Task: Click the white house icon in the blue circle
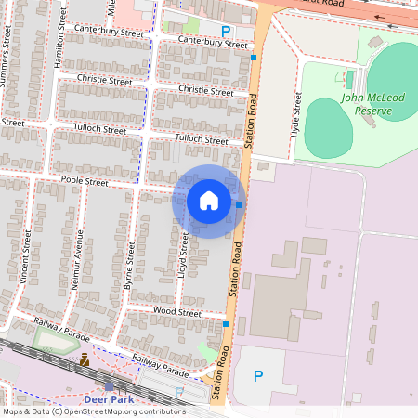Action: point(209,200)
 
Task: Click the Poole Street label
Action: point(85,182)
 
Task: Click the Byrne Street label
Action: point(129,268)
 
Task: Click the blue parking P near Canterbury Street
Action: point(226,31)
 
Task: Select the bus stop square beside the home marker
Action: point(239,204)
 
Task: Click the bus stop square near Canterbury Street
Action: point(254,58)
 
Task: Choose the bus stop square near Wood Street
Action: point(226,323)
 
